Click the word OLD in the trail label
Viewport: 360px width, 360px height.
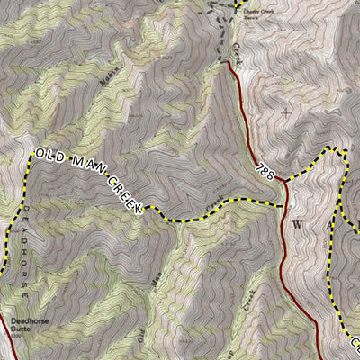tap(49, 155)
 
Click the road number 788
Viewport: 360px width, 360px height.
tap(265, 168)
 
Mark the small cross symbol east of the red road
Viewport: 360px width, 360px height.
tap(286, 112)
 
